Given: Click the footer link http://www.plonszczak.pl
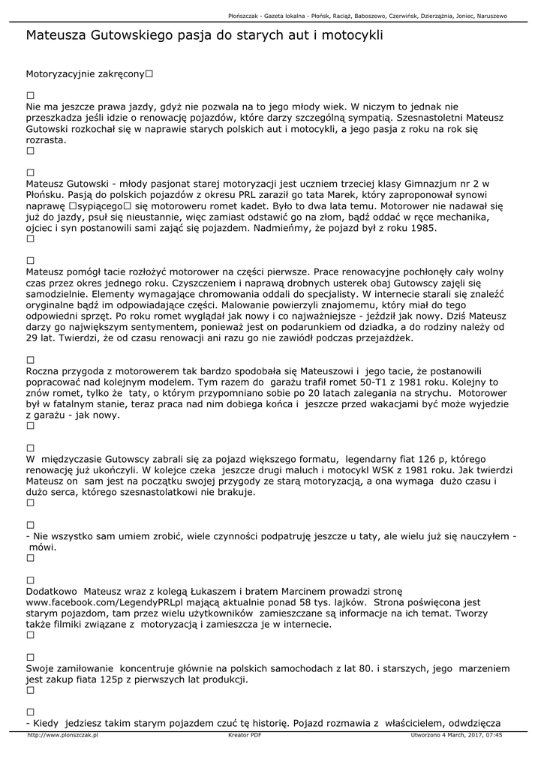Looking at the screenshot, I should pos(63,735).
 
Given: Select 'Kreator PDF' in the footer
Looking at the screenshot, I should pos(245,735).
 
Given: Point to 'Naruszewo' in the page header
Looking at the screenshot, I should pos(487,16).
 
